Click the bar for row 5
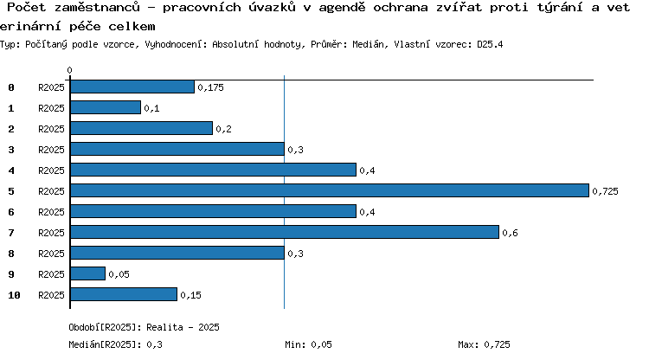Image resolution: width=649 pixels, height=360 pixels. [330, 190]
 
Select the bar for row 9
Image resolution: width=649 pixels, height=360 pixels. [87, 273]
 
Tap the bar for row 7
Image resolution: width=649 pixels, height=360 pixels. [285, 232]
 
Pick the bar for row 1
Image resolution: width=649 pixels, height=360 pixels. [106, 107]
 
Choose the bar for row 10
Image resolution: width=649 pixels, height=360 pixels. [124, 294]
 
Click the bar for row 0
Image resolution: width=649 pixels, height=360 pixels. [132, 87]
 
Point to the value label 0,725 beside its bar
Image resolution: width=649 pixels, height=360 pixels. [605, 191]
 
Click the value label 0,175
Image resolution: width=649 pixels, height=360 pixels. [210, 87]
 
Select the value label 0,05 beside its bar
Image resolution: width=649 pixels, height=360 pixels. [119, 274]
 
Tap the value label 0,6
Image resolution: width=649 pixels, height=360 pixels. [510, 233]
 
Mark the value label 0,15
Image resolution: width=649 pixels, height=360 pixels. [191, 295]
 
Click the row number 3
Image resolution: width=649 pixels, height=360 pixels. [11, 150]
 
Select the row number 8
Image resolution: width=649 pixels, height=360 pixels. [11, 254]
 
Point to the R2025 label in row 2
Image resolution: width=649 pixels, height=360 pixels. [51, 129]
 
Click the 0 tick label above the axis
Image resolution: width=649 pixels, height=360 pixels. [69, 70]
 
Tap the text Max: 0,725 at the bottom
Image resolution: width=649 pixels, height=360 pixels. [484, 344]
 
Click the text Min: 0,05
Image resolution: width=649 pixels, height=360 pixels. [308, 344]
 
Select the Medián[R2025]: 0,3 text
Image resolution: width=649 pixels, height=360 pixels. [115, 344]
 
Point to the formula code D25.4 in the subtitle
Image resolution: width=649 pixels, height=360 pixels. [490, 44]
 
